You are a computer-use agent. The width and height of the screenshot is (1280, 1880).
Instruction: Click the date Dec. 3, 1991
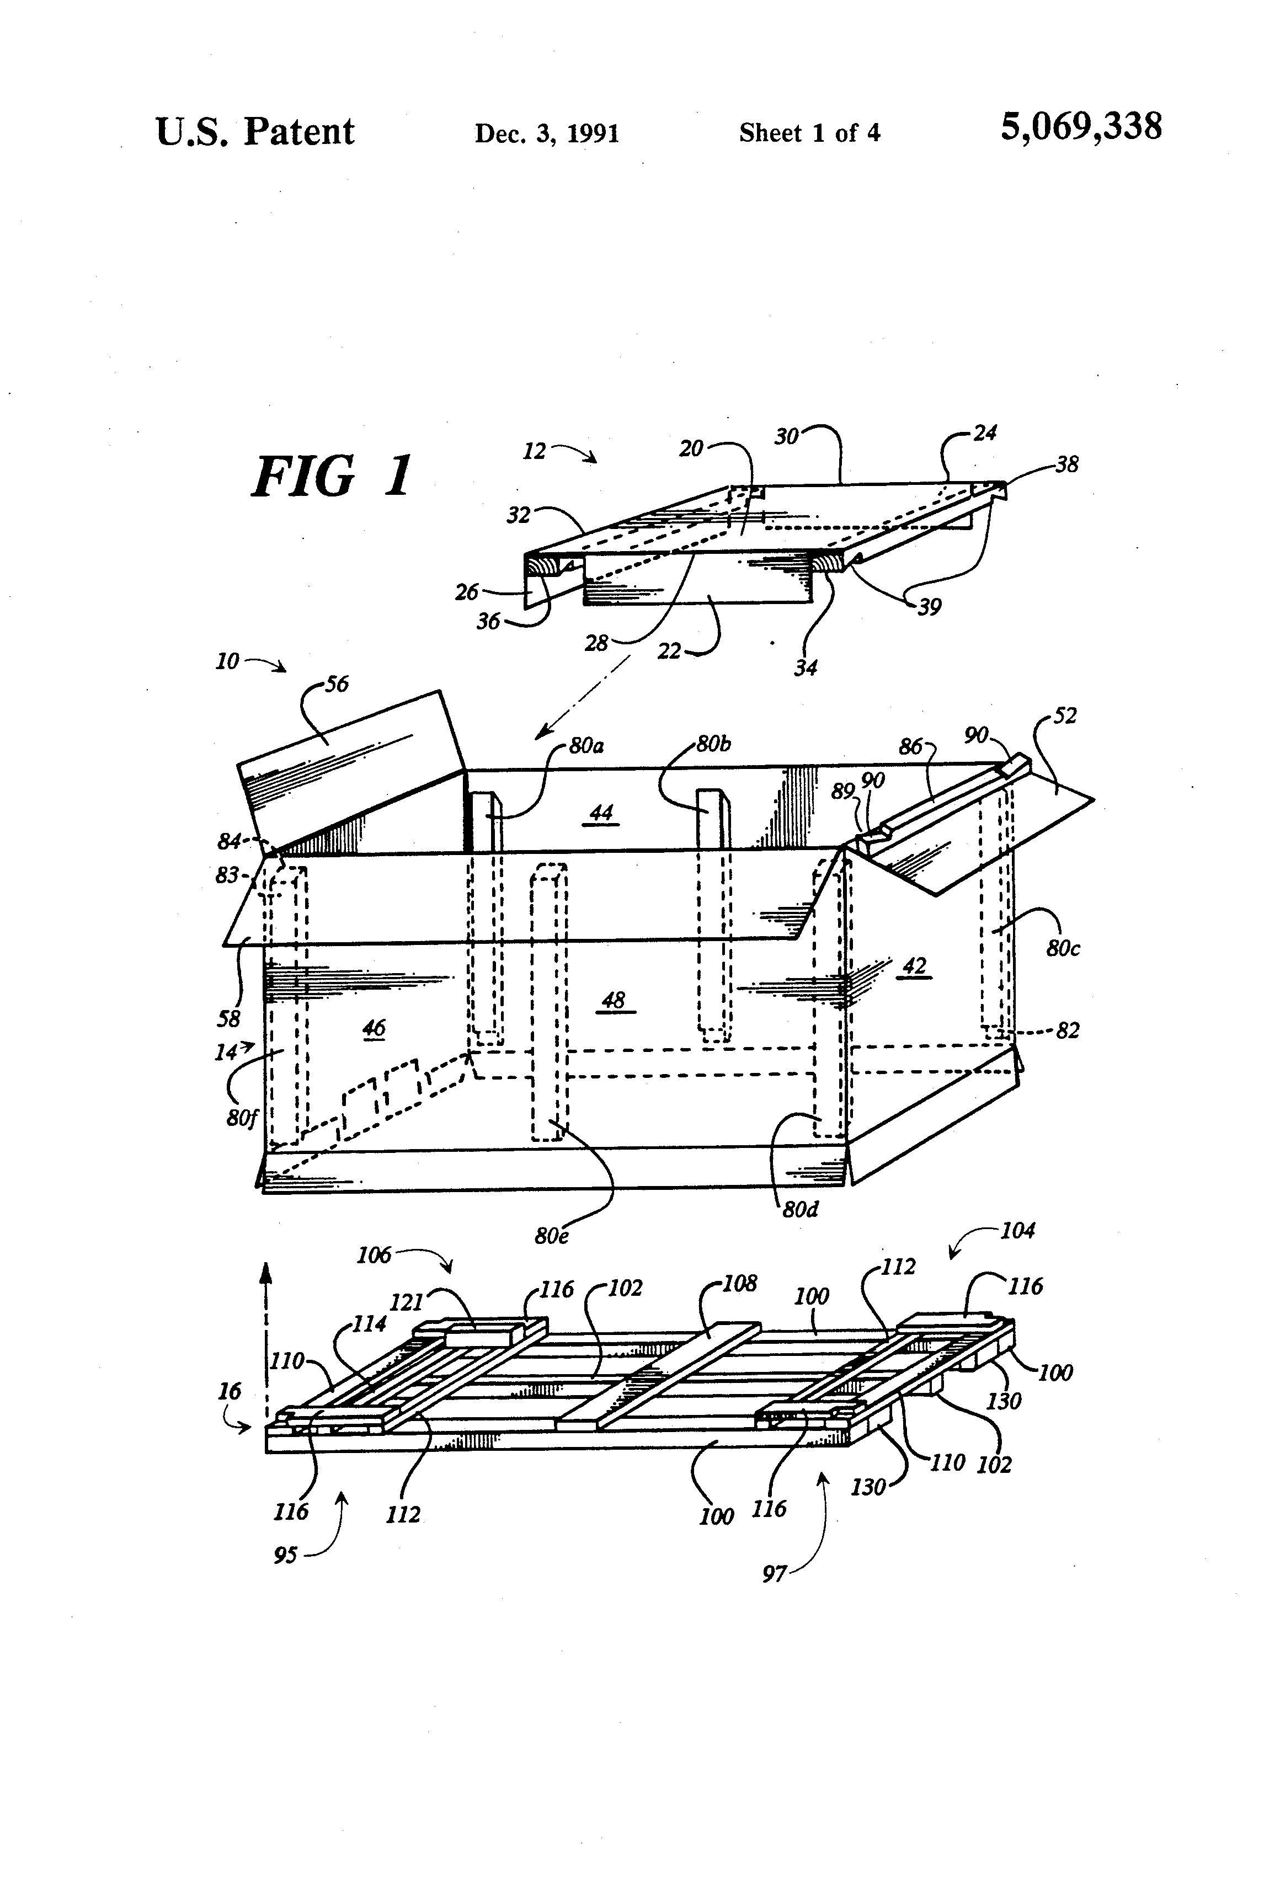547,133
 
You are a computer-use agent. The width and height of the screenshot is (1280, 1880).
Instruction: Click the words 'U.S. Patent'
255,132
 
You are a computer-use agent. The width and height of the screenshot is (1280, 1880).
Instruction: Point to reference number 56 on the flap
337,685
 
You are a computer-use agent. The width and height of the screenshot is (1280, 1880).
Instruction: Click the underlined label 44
601,812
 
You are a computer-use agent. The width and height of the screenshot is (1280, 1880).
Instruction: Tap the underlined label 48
614,1001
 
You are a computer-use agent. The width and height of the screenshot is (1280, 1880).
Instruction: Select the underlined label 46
373,1028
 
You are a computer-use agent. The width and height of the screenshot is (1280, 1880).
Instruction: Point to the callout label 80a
586,745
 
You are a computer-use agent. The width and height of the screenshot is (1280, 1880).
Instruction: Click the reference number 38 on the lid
1066,465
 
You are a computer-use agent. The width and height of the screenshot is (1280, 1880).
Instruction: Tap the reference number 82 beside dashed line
1068,1030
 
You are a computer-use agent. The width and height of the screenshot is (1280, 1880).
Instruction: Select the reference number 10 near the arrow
227,662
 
